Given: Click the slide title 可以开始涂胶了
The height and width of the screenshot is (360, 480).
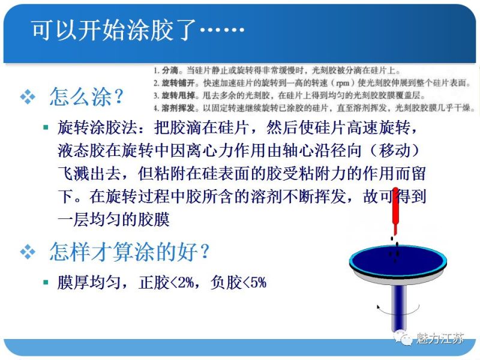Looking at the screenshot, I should (138, 31).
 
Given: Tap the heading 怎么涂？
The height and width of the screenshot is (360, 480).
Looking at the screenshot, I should (87, 97).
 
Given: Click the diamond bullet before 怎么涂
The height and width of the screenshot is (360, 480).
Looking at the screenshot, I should (28, 98).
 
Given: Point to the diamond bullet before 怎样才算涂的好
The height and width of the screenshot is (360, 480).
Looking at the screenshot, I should (28, 253).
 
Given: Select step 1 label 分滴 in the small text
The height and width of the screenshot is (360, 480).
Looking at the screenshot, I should (167, 70).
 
